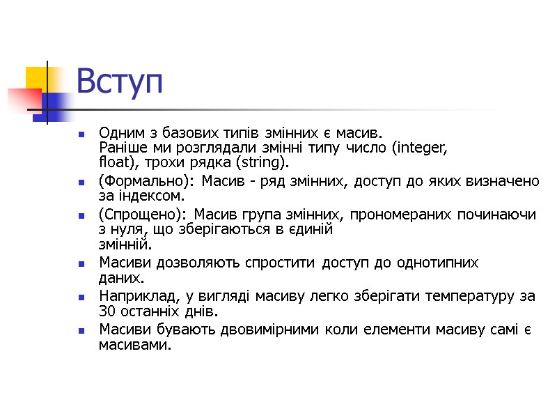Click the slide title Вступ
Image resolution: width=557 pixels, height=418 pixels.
point(119,82)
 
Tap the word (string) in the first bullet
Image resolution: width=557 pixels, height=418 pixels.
point(261,163)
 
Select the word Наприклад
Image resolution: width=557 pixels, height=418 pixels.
point(133,296)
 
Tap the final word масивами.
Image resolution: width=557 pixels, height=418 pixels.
point(134,344)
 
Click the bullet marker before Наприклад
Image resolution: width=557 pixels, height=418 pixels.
point(82,297)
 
